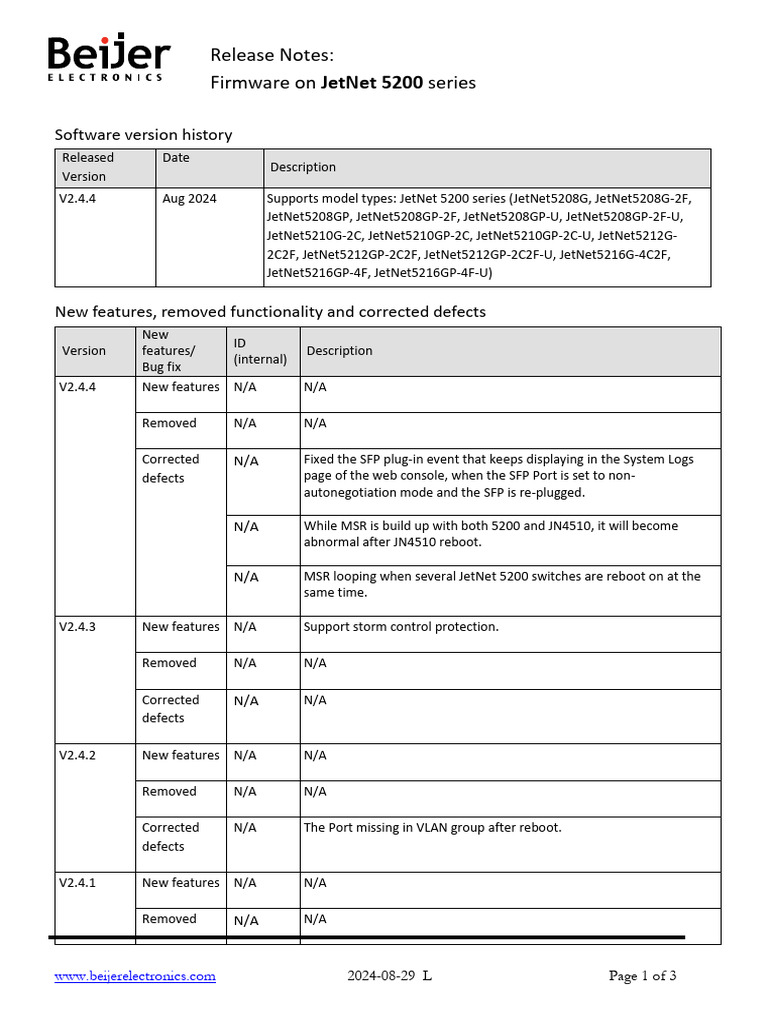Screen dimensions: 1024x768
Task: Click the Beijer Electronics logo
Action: coord(109,59)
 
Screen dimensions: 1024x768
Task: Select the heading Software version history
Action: coord(143,134)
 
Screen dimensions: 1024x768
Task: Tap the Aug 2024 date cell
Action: coord(189,198)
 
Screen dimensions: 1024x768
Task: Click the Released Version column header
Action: coord(88,167)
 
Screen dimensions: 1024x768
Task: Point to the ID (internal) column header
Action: coord(260,351)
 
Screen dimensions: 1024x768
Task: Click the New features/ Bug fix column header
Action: coord(169,351)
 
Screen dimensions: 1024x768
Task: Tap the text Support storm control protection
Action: coord(401,627)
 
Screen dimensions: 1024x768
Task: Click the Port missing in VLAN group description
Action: coord(432,827)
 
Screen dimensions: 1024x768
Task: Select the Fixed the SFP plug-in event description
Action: coord(498,476)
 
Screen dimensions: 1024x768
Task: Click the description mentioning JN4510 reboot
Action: coord(490,534)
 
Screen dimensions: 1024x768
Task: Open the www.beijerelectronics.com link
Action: coord(135,976)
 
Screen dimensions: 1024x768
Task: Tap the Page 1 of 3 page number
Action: coord(642,976)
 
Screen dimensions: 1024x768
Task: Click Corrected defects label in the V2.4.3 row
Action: coord(170,709)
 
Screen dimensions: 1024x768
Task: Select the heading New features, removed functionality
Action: coord(270,312)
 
